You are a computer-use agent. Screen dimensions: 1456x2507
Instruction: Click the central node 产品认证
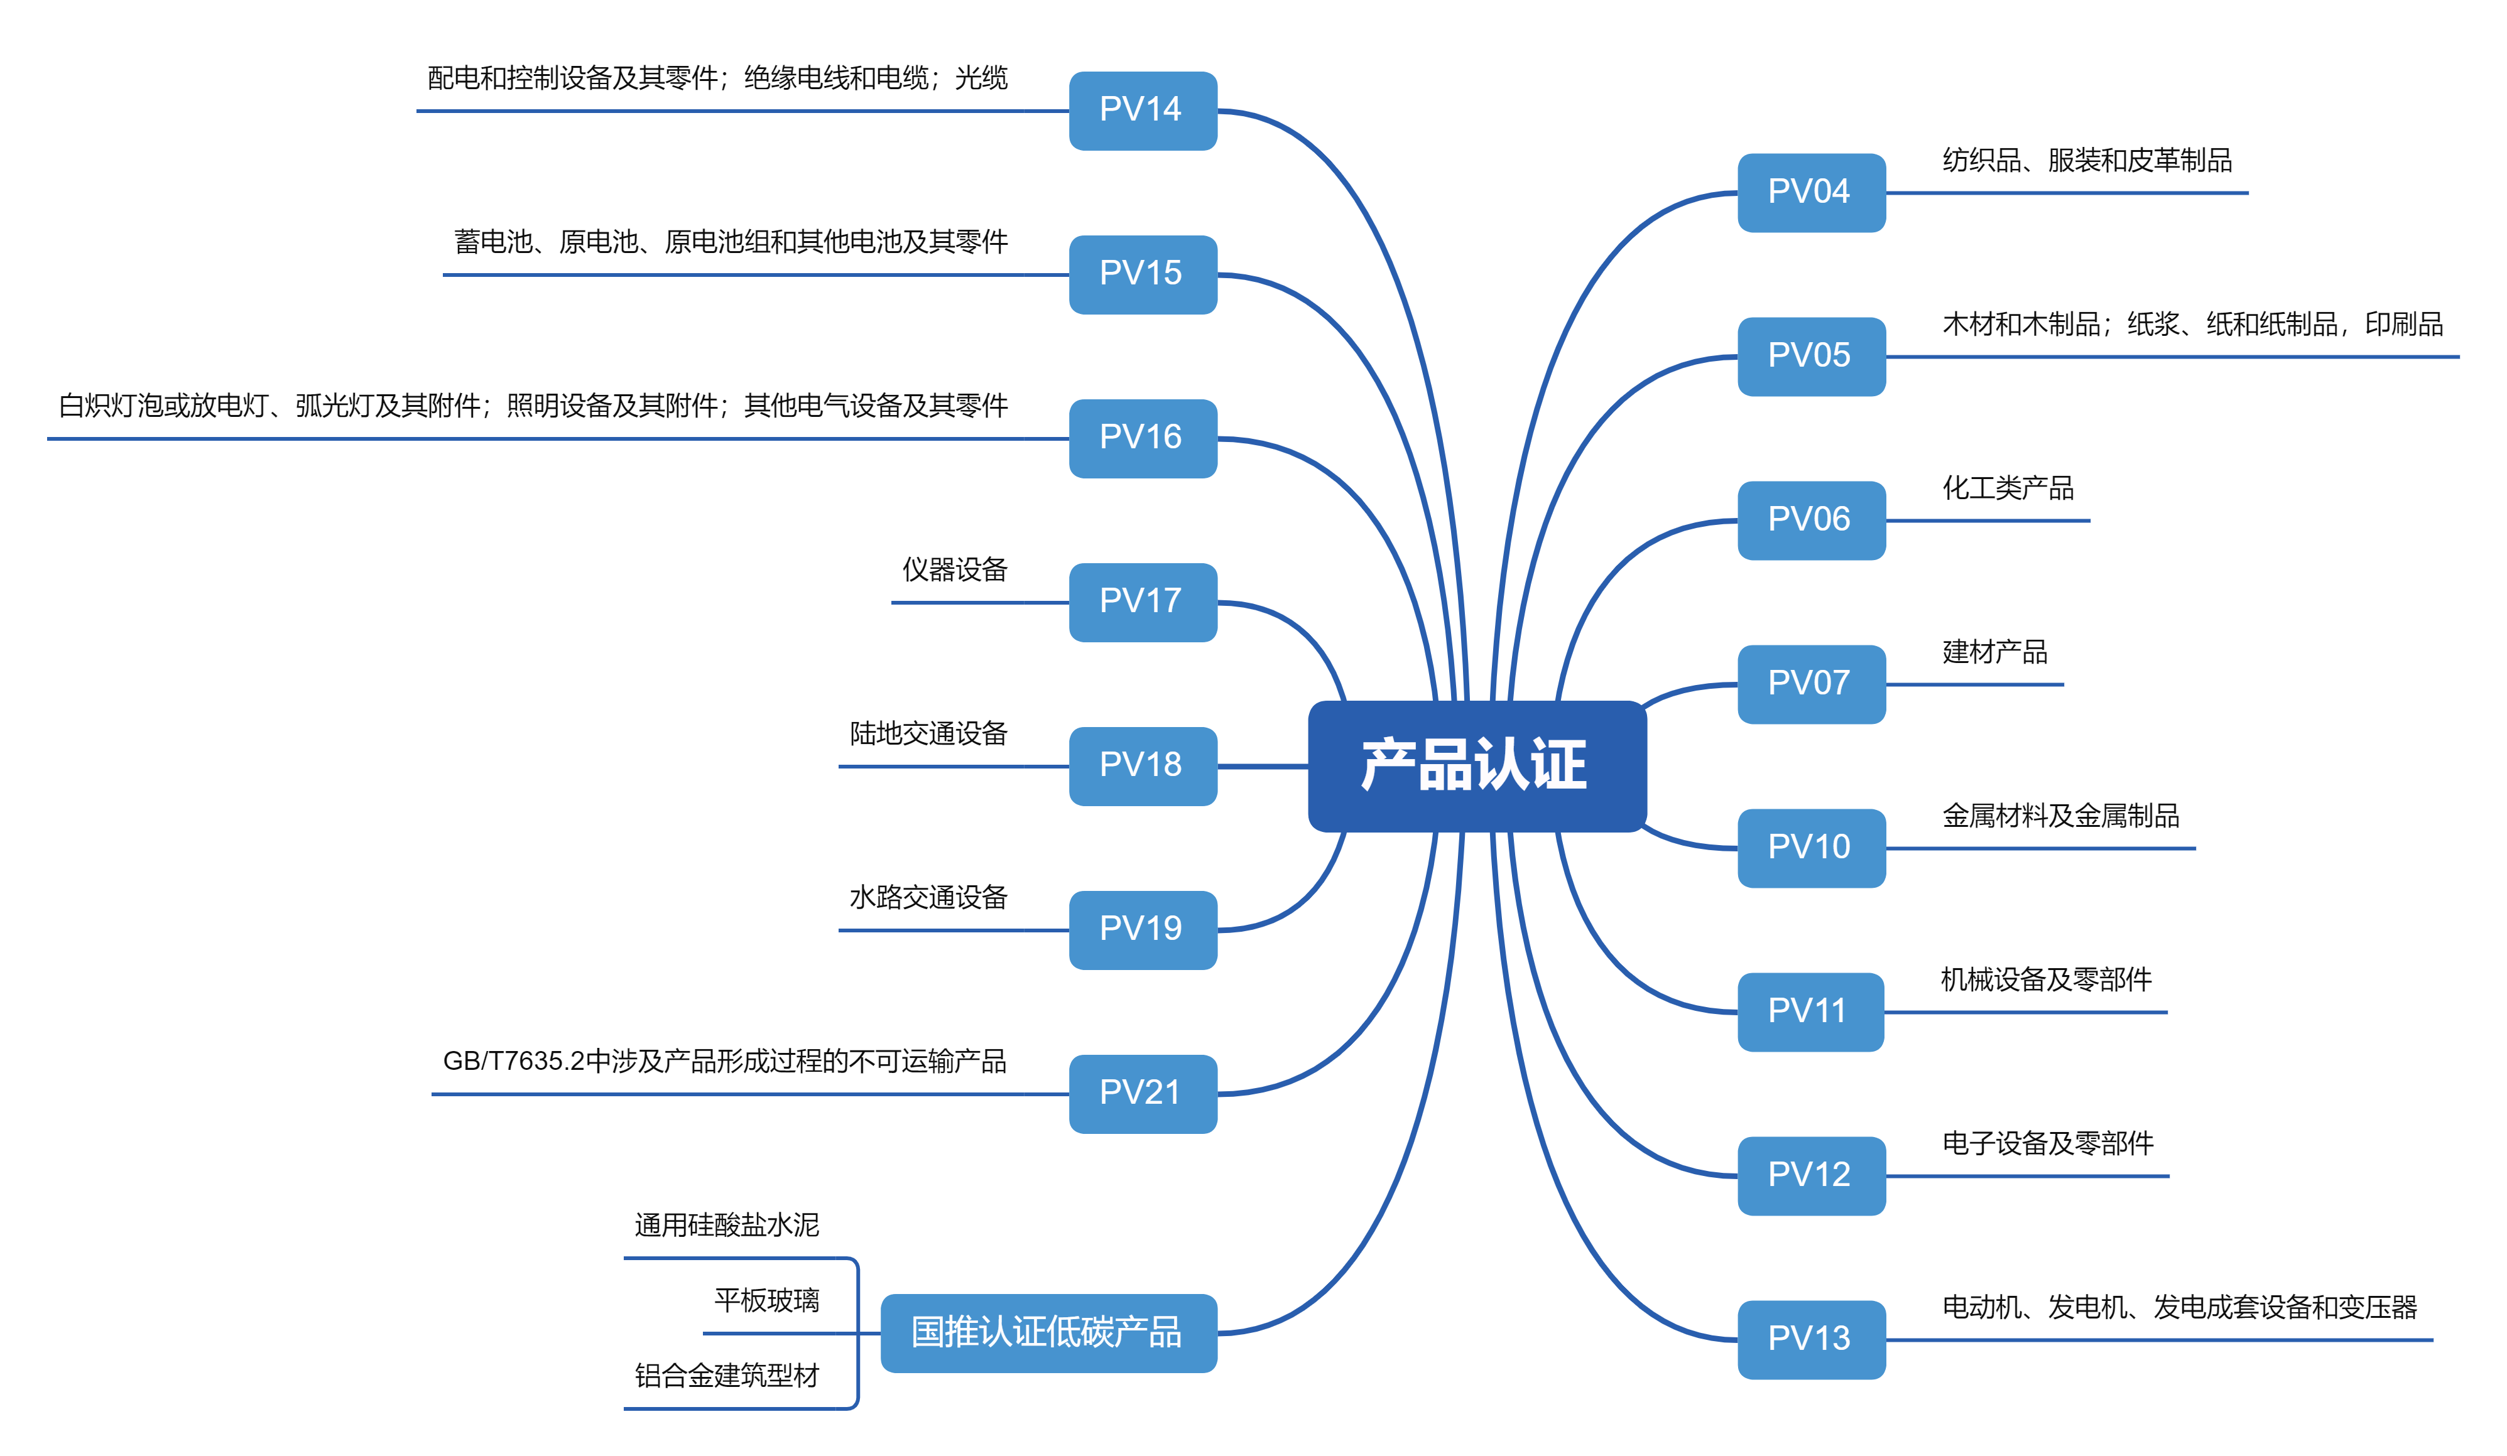point(1476,766)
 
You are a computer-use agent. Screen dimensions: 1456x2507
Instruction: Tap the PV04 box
point(1810,192)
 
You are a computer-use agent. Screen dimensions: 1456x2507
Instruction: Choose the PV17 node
point(1142,601)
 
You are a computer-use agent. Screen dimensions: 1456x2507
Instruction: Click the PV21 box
point(1142,1093)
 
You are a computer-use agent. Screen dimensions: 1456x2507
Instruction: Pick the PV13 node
point(1810,1339)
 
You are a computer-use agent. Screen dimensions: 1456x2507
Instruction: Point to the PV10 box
point(1810,848)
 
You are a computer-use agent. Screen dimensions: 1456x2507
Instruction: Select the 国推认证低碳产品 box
point(1048,1333)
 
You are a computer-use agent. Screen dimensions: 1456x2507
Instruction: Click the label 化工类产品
point(2008,488)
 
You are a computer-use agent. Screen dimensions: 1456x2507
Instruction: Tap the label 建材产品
point(1994,652)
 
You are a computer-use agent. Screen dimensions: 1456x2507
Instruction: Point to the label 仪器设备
point(954,570)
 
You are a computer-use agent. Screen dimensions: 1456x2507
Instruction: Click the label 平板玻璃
point(766,1300)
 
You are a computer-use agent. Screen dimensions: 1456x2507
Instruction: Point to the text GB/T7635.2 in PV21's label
point(513,1061)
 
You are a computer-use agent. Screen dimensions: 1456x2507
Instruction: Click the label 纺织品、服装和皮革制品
point(2086,160)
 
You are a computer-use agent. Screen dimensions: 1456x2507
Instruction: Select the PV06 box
point(1810,520)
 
